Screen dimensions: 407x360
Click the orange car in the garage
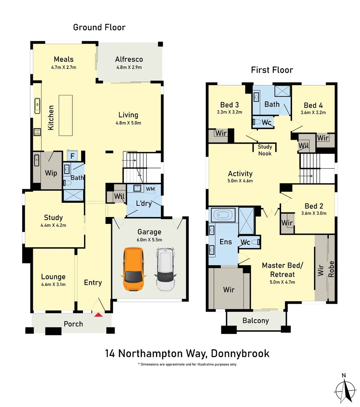[133, 269]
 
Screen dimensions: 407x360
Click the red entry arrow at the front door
[98, 314]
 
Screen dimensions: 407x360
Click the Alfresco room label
[129, 60]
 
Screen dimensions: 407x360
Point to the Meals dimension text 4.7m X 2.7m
[64, 67]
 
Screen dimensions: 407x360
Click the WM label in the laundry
[150, 188]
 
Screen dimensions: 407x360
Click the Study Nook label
[265, 150]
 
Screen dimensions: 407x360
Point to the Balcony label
[256, 321]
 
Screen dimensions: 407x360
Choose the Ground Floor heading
[99, 27]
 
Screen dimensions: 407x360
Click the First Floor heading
[272, 70]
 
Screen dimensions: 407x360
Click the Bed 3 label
[230, 105]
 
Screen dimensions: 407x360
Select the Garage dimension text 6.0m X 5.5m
[149, 240]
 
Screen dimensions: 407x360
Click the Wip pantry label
[51, 173]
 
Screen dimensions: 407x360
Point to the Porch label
[73, 324]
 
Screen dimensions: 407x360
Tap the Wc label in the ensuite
[245, 242]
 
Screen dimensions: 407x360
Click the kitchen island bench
[66, 115]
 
